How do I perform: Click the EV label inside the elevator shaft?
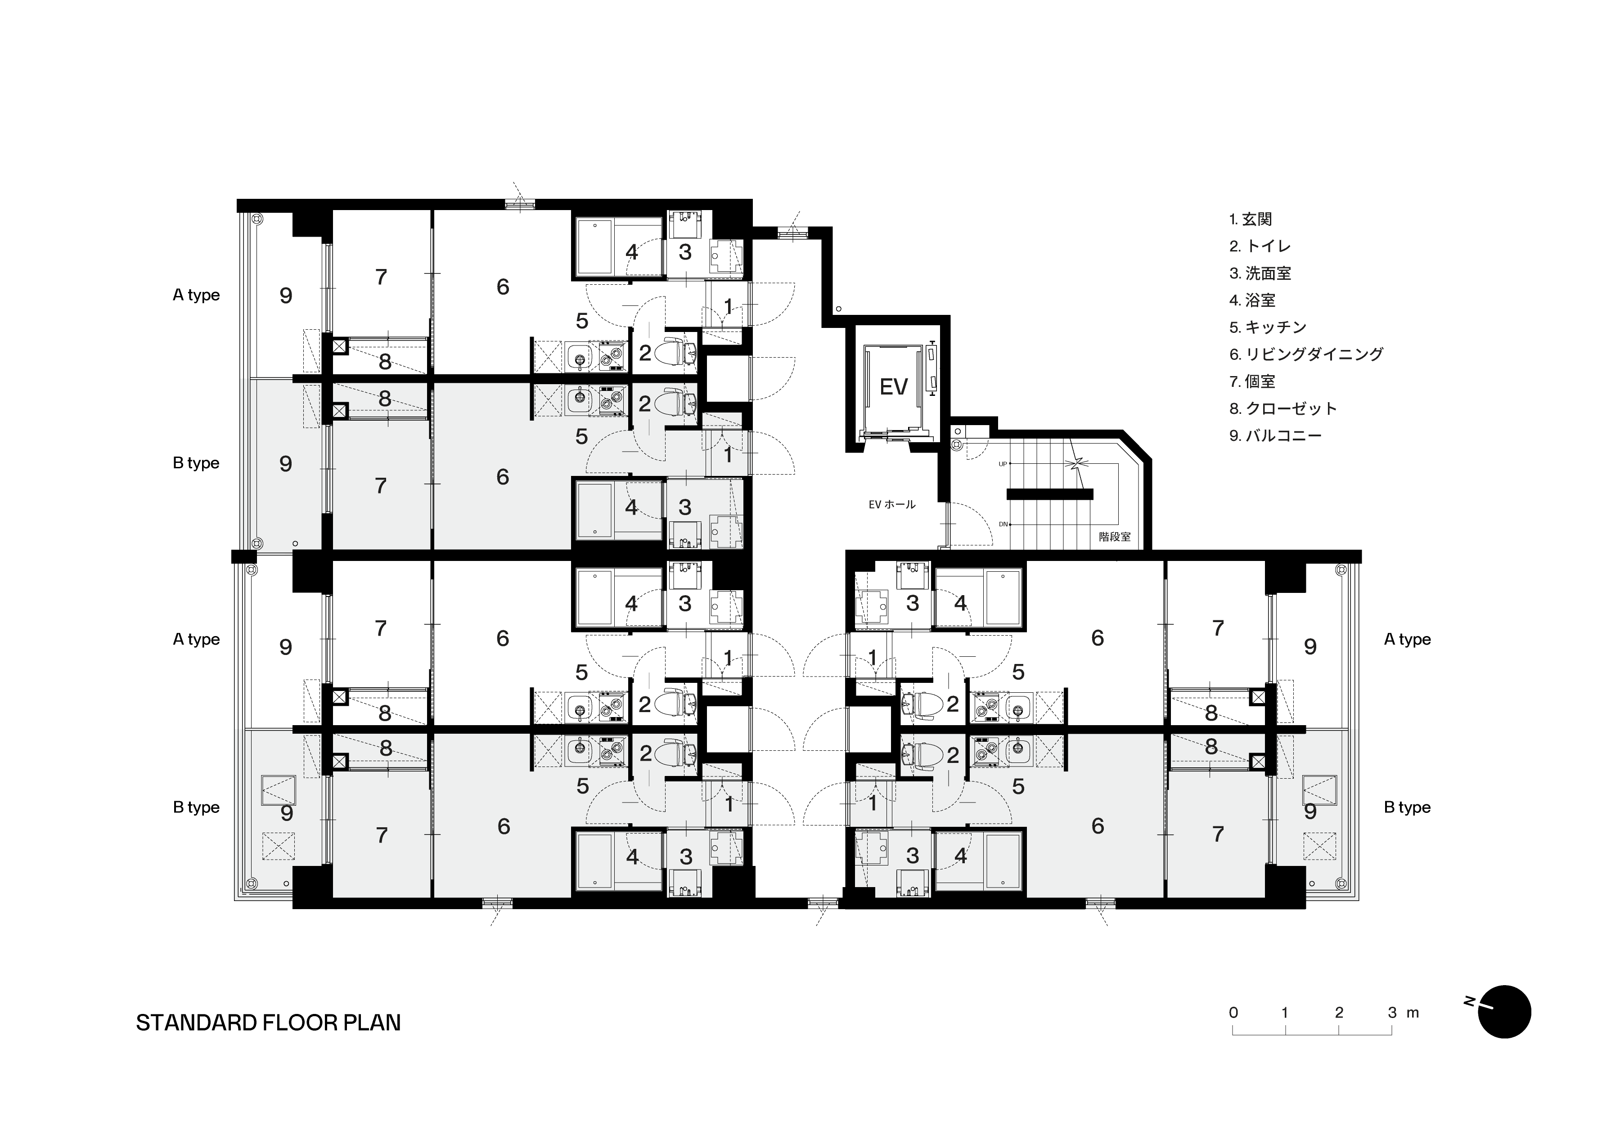[x=893, y=387]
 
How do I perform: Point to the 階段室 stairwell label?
[x=1115, y=537]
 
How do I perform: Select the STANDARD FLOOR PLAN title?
[x=268, y=1023]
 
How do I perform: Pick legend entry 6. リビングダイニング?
[x=1305, y=354]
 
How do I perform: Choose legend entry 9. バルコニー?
[x=1275, y=435]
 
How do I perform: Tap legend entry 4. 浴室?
[x=1252, y=300]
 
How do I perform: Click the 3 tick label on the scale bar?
[x=1392, y=1012]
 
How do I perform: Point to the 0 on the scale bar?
[x=1233, y=1012]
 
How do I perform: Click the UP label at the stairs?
[x=1002, y=464]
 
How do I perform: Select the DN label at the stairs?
[x=1003, y=525]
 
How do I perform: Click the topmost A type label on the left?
[x=196, y=295]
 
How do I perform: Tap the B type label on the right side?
[x=1407, y=807]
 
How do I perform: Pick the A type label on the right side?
[x=1407, y=639]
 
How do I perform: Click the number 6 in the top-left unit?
[x=503, y=286]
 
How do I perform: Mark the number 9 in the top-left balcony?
[x=286, y=296]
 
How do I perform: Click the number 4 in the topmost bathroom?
[x=631, y=251]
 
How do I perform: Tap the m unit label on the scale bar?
[x=1412, y=1013]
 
